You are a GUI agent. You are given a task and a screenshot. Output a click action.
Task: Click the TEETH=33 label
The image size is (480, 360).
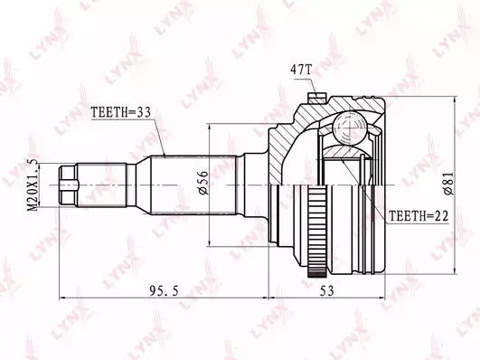coord(121,113)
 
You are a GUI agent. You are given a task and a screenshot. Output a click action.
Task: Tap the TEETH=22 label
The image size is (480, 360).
coord(419,216)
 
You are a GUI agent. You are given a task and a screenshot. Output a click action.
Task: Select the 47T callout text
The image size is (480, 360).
coord(300,71)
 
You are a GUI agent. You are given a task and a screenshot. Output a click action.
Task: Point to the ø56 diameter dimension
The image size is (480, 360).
coord(203,183)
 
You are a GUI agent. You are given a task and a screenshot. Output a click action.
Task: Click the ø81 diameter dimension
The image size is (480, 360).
coord(448,184)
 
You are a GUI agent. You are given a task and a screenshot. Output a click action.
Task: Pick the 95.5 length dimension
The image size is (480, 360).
coord(164,290)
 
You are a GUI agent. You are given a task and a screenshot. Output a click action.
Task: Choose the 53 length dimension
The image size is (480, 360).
coord(326,290)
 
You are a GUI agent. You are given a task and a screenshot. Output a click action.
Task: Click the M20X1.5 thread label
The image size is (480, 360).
coord(33,185)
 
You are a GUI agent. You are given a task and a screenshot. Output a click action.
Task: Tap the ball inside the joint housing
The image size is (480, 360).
coord(349,128)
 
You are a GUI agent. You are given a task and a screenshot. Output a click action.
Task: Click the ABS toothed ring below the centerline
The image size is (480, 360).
coord(317,232)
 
